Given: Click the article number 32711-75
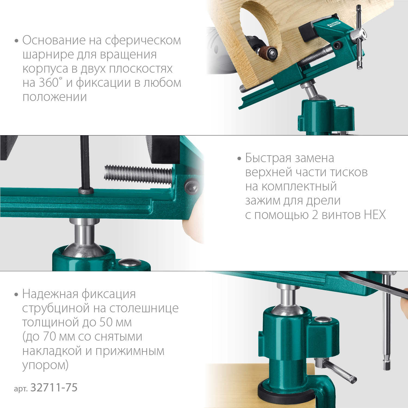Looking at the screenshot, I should [x=54, y=387].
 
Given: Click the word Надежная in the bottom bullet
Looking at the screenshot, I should [x=50, y=294].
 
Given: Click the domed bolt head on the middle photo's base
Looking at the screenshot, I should [x=130, y=262].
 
